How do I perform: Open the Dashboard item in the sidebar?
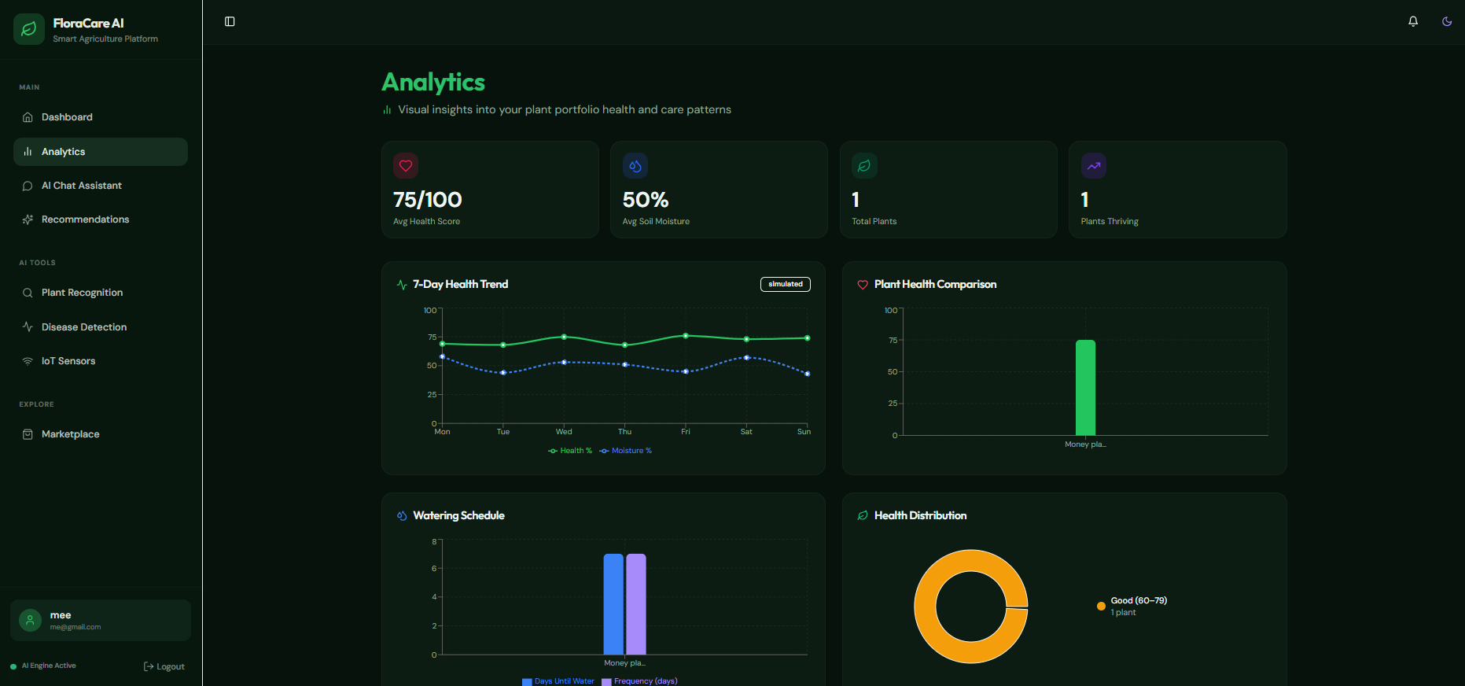(x=67, y=117)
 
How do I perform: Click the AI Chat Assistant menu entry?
(x=81, y=186)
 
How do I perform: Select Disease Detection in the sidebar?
(x=83, y=327)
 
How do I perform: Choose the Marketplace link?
(x=70, y=434)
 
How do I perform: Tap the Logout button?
(x=164, y=666)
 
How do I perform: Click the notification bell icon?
(x=1413, y=21)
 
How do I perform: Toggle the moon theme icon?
(x=1447, y=21)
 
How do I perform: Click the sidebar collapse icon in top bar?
(x=230, y=21)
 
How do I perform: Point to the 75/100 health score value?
(x=428, y=200)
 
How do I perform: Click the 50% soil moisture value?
(x=646, y=200)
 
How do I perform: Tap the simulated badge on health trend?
(x=786, y=284)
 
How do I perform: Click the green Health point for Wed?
(x=564, y=337)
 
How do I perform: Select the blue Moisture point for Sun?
(x=808, y=374)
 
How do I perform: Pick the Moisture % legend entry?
(x=626, y=451)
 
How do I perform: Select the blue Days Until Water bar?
(x=613, y=603)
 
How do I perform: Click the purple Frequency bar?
(x=636, y=603)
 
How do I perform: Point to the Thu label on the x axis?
(x=624, y=432)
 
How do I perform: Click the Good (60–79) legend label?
(x=1139, y=600)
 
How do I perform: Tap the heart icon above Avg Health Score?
(x=406, y=166)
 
